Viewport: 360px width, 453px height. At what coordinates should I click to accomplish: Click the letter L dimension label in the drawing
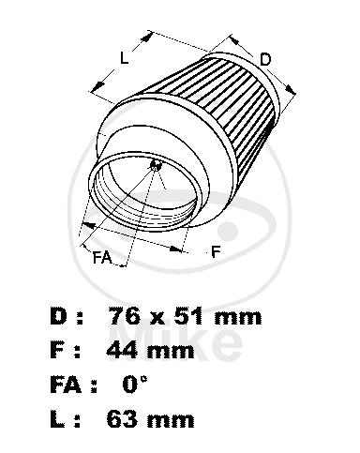click(x=125, y=58)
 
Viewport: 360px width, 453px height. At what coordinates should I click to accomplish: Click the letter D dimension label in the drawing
click(x=265, y=59)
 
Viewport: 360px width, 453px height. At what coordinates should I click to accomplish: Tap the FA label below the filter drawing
click(x=102, y=258)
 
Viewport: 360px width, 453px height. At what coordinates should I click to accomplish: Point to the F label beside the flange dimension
click(x=216, y=251)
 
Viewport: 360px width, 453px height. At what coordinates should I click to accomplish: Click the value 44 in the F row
click(x=122, y=350)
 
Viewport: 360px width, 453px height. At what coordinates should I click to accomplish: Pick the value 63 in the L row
click(x=123, y=418)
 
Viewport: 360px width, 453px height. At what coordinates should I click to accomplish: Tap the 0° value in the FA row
click(x=134, y=384)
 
